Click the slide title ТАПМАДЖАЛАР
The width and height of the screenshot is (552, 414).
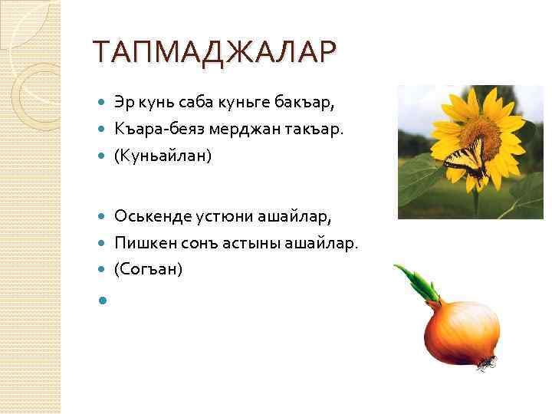[213, 52]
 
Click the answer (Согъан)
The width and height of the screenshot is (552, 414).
[148, 270]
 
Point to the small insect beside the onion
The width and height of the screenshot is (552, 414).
[485, 363]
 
